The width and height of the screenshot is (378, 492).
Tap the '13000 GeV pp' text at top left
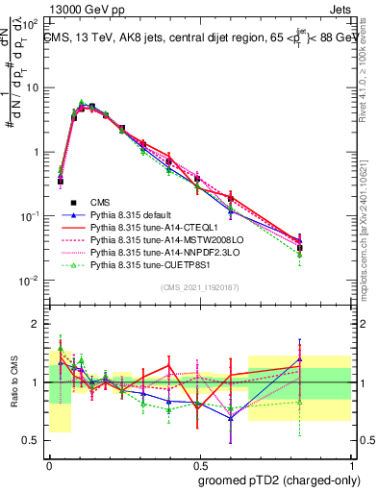point(47,9)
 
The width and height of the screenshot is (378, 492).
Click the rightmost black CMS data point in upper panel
point(299,247)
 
